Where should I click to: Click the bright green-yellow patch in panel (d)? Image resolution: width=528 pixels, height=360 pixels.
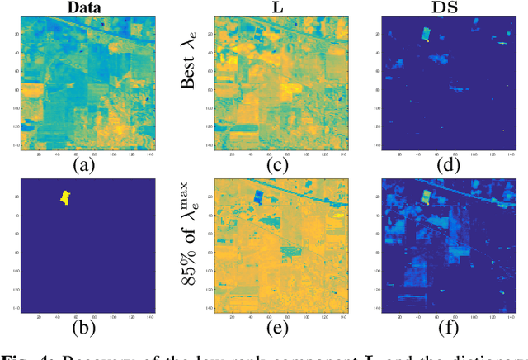(x=426, y=33)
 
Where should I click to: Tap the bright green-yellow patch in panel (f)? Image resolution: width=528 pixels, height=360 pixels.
(x=426, y=197)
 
